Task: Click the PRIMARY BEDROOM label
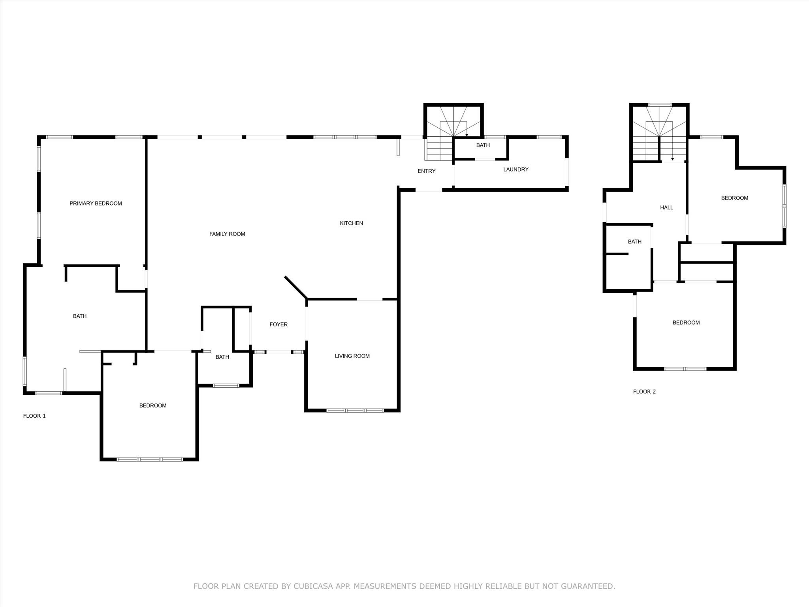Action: tap(96, 204)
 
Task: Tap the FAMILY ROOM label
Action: tap(227, 234)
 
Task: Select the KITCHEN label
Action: tap(351, 223)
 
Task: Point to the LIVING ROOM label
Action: tap(352, 356)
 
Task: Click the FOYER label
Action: tap(278, 324)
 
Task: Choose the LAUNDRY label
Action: tap(516, 170)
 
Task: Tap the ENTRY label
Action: tap(426, 171)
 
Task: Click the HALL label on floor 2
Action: tap(666, 207)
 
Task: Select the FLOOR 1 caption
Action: tap(34, 416)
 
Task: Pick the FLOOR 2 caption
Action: tap(644, 392)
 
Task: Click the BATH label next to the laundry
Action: tap(483, 145)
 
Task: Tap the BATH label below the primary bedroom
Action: tap(79, 316)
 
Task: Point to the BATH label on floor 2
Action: tap(634, 242)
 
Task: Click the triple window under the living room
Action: tap(355, 411)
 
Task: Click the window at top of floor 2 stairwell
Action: tap(659, 105)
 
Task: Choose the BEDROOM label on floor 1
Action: tap(153, 405)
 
